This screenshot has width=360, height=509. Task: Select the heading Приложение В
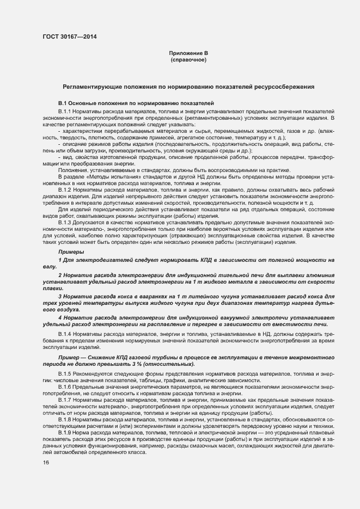(x=188, y=53)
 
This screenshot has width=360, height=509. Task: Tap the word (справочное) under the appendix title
(x=188, y=59)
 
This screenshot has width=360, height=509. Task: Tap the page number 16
(x=46, y=463)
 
